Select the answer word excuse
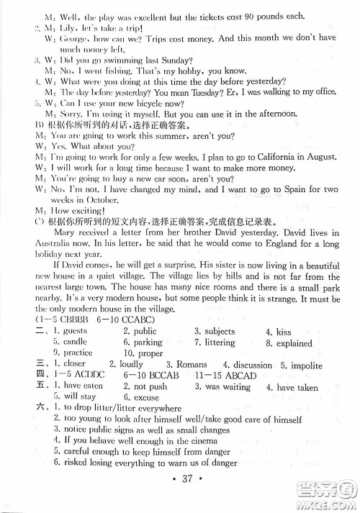pos(146,397)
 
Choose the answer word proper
pos(149,353)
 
